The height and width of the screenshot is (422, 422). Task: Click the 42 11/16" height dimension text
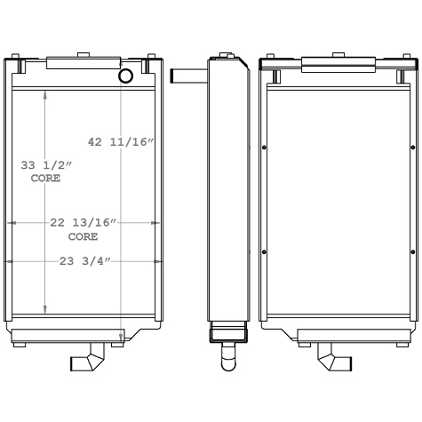tap(121, 141)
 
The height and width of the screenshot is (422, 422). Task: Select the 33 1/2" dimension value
tap(45, 165)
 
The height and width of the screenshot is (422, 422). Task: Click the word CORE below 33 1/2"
tap(45, 179)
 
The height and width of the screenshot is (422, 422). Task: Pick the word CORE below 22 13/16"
tap(83, 237)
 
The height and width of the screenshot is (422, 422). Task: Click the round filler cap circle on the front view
tap(125, 76)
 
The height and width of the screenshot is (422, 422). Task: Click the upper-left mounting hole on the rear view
tap(266, 147)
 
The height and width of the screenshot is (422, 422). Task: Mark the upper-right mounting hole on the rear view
tap(413, 147)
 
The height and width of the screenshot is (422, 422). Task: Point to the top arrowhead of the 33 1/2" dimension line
tap(45, 95)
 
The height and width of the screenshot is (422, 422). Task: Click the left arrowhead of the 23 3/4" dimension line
tap(10, 261)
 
